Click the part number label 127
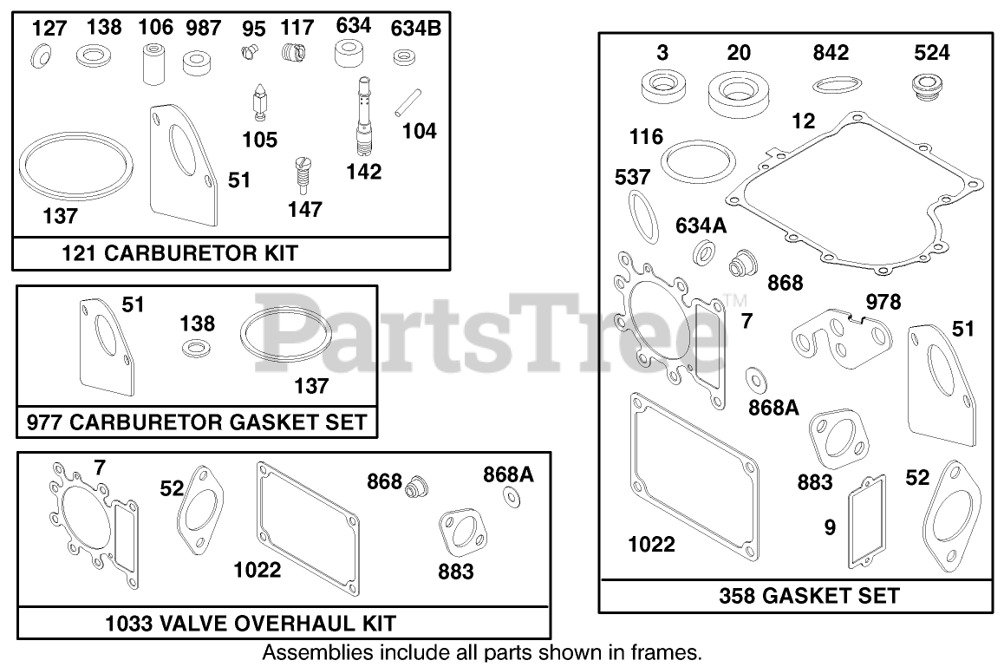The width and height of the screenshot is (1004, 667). [49, 29]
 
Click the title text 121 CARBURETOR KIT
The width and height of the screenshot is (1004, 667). [179, 253]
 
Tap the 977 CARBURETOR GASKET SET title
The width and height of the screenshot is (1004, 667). [197, 423]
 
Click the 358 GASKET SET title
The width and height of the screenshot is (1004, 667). [809, 596]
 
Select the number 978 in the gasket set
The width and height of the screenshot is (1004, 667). [883, 302]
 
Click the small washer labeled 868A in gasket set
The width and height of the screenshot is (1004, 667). [754, 378]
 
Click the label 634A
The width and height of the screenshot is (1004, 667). [701, 227]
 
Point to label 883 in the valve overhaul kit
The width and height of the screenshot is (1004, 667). [455, 571]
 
